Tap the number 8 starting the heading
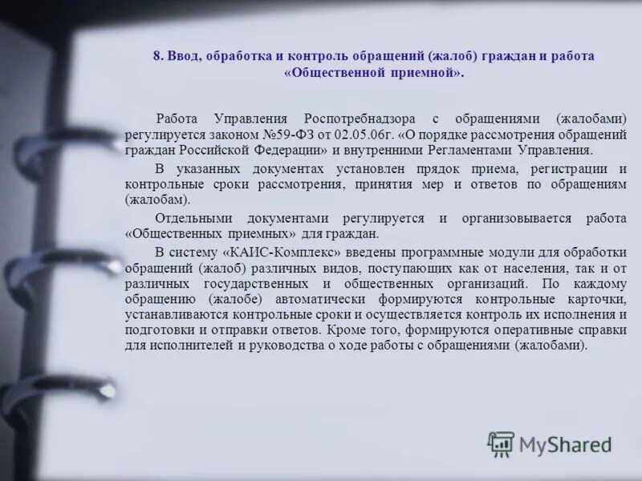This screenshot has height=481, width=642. (158, 57)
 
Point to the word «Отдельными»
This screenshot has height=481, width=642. (193, 219)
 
